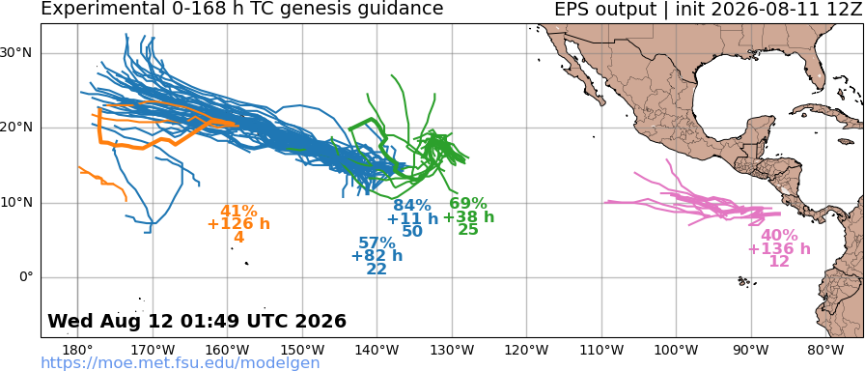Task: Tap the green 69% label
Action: pos(468,204)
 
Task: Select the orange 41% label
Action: pos(238,211)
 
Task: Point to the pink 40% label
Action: pos(779,235)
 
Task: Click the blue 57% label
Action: pos(377,243)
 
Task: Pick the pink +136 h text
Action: pos(779,248)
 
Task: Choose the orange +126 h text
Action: pos(238,223)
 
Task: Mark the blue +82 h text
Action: pos(377,256)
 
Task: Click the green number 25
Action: pos(468,229)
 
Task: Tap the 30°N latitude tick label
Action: pos(22,53)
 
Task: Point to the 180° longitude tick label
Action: pos(78,350)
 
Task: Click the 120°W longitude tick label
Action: pos(527,350)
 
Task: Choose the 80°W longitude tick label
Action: pos(825,350)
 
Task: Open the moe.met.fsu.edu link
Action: pos(181,362)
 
